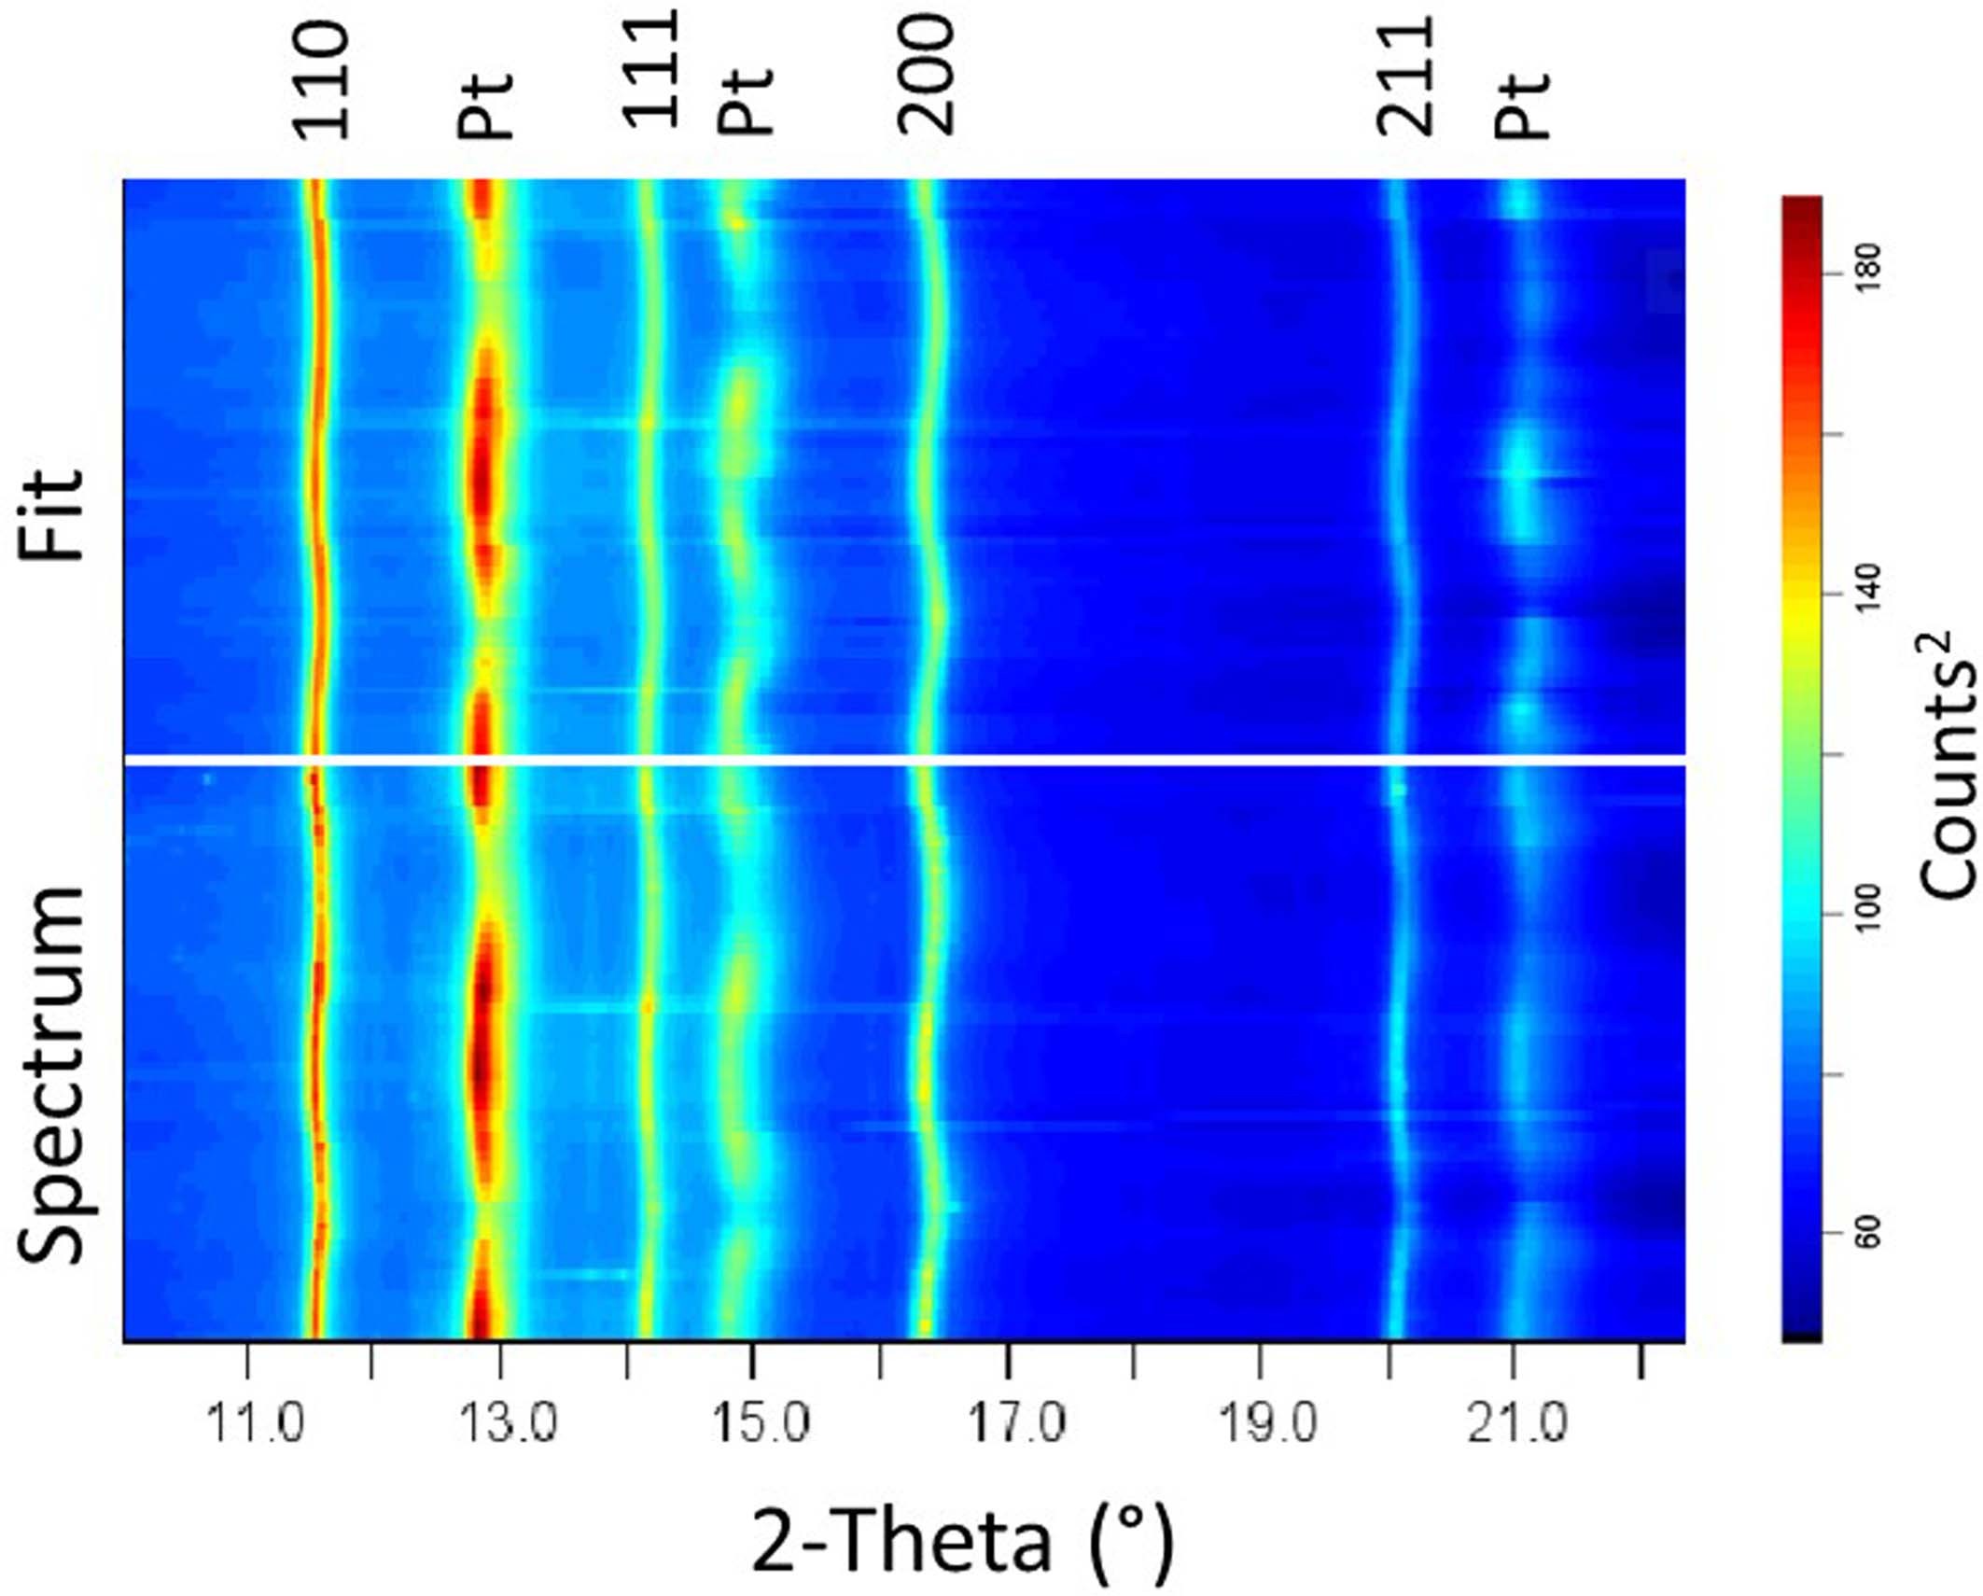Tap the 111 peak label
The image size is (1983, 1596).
650,70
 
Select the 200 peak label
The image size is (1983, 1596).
927,75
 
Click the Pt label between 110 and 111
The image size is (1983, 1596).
485,105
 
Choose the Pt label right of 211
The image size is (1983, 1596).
1521,105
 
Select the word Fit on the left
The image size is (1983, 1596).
53,513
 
